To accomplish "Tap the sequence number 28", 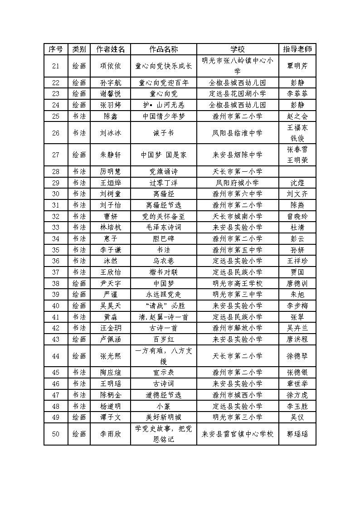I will [56, 172].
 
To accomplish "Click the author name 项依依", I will [110, 66].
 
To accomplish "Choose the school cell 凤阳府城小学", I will [238, 183].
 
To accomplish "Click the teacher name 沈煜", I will [297, 183].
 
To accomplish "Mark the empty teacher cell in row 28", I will [297, 172].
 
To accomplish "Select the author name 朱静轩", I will [110, 155].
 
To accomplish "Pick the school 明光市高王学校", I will [238, 283].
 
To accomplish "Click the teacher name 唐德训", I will [297, 283].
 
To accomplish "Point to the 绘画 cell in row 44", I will [79, 356].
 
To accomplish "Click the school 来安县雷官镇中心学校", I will [238, 434].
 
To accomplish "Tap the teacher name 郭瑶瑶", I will [297, 434].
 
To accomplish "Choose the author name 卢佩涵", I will [110, 339].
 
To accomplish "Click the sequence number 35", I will [56, 250].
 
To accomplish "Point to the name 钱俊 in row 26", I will [297, 138].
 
